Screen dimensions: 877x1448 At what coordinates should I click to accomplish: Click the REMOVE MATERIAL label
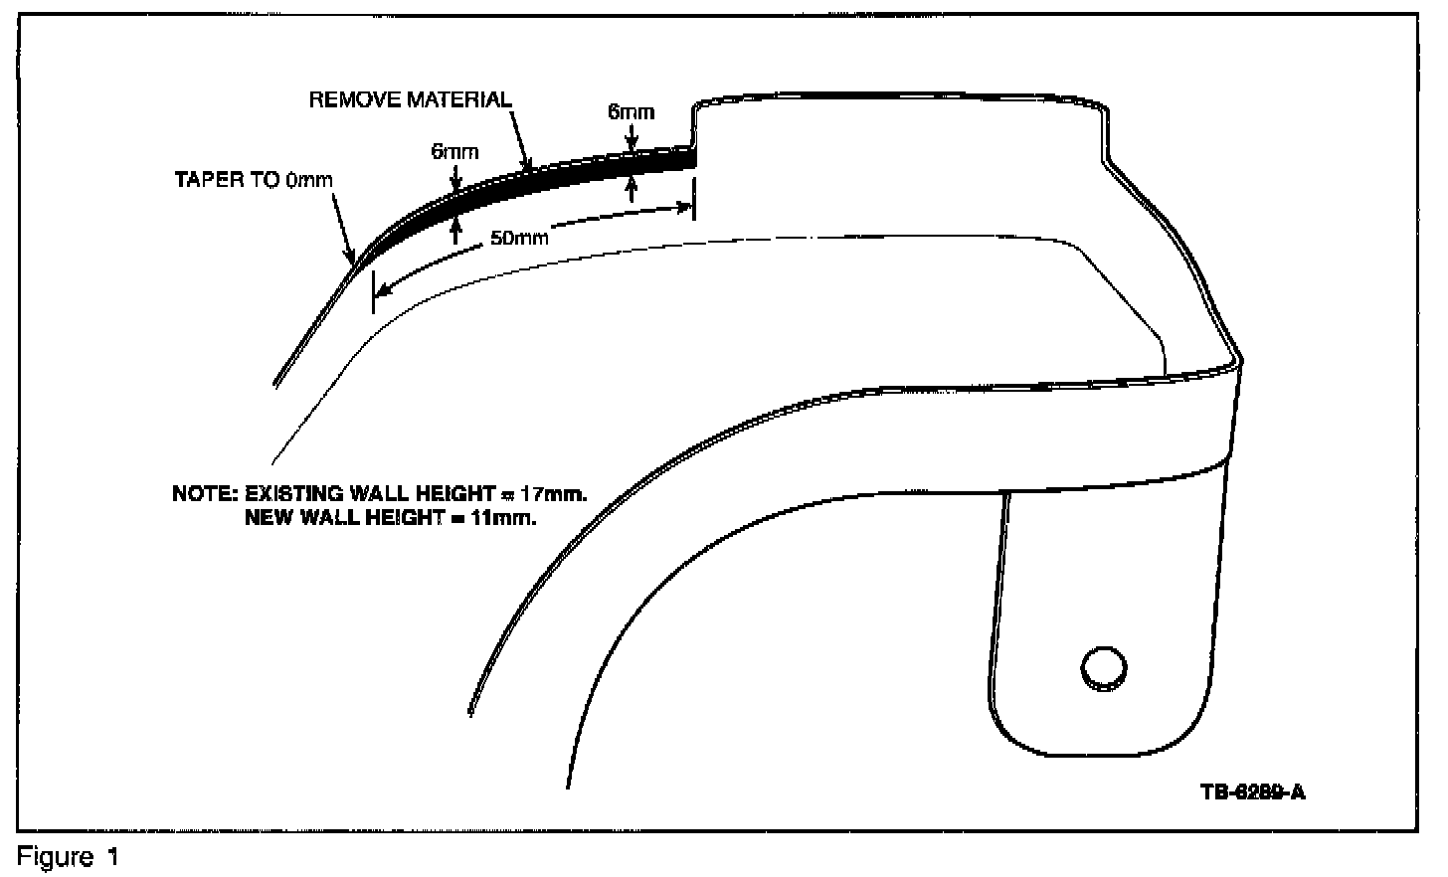(x=411, y=99)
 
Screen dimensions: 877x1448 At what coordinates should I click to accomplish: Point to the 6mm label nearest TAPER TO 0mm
(x=454, y=152)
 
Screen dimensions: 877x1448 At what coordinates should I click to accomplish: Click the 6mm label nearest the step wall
(x=632, y=111)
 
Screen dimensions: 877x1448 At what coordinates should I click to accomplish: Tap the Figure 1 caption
(x=68, y=857)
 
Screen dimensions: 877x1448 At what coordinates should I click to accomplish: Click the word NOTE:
(x=204, y=493)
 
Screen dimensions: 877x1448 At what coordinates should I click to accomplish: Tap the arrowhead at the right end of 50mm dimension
(x=685, y=207)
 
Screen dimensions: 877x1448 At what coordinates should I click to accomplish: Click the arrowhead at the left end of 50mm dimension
(x=383, y=288)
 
